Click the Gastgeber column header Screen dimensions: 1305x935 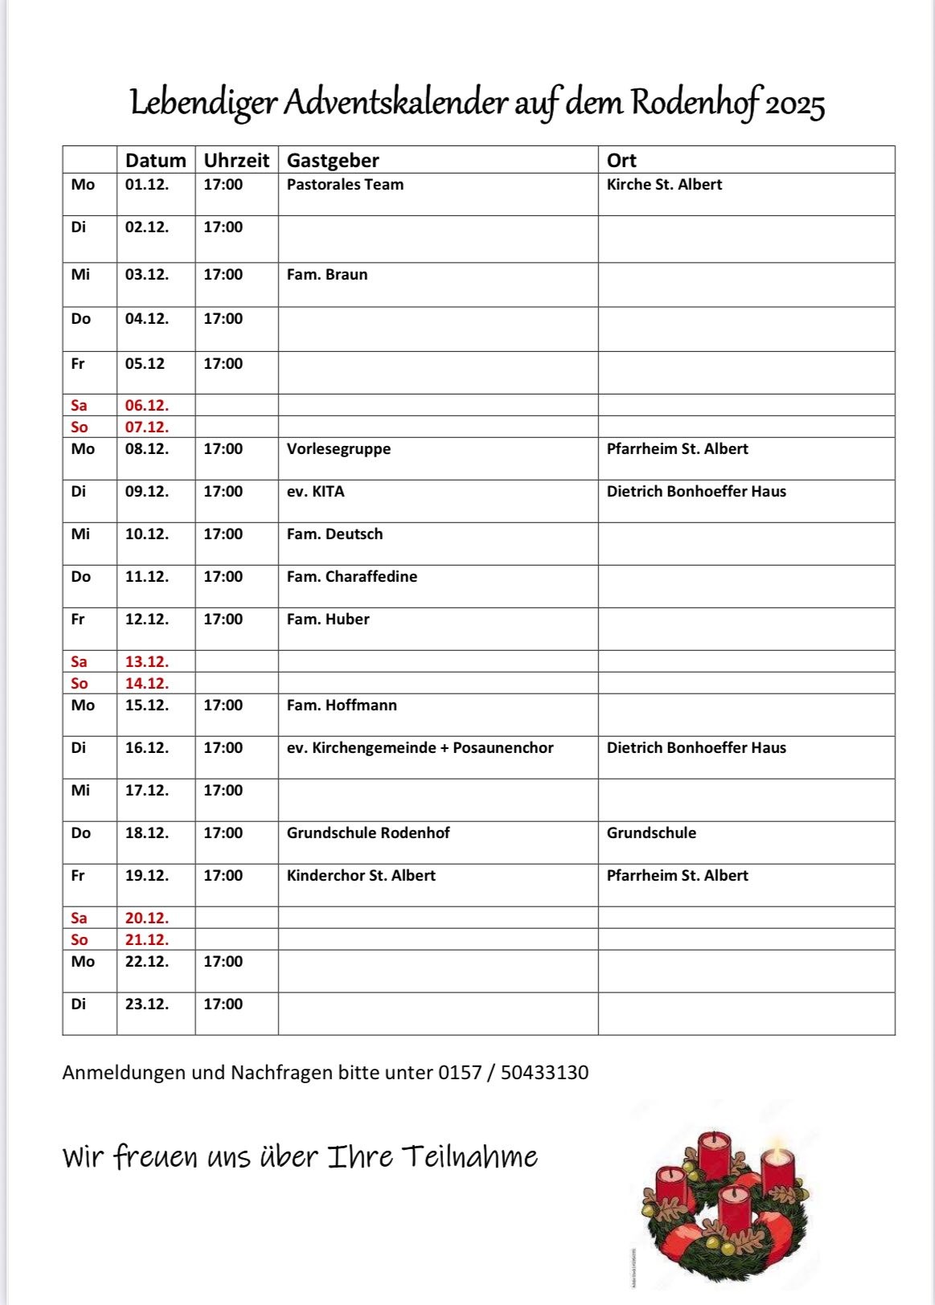pos(333,161)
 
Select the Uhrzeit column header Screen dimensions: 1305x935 pos(236,161)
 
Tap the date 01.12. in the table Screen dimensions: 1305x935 pos(147,185)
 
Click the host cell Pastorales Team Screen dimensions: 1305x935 pos(345,185)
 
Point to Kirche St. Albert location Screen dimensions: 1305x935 pos(664,185)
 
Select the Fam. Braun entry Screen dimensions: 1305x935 pos(327,275)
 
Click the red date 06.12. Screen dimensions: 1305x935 pos(147,406)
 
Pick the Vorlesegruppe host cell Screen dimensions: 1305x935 pos(338,449)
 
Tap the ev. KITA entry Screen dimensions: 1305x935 pos(315,492)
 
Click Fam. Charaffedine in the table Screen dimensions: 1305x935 pos(352,577)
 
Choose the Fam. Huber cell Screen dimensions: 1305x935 pos(328,620)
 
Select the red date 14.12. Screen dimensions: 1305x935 pos(147,684)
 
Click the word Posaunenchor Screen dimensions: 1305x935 pos(503,748)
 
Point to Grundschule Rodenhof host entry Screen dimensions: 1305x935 pos(368,833)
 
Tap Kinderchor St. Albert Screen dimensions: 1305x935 pos(361,876)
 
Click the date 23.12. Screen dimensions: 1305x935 pos(147,1004)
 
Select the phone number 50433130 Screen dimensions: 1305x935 pos(544,1073)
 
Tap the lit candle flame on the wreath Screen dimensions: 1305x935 pos(777,1144)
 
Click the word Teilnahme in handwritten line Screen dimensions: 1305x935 pos(470,1157)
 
